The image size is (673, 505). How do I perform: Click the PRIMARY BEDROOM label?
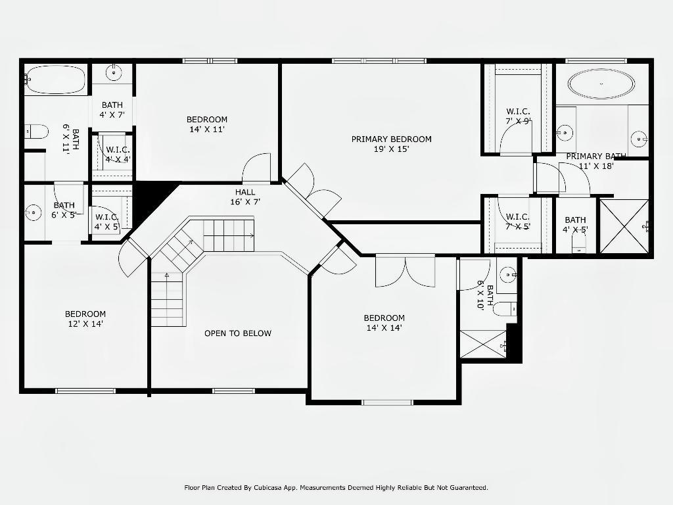point(392,139)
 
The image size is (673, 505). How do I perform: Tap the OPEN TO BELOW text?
point(238,333)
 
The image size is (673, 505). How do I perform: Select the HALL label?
point(245,192)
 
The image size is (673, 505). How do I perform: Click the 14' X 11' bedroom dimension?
point(207,130)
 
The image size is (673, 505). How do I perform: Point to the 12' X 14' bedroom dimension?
point(85,324)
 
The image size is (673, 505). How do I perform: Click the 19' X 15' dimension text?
point(392,149)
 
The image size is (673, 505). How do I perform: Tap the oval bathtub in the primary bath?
point(601,84)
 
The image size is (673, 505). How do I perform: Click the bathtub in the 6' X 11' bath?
point(55,80)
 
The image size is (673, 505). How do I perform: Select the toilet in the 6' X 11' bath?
point(36,132)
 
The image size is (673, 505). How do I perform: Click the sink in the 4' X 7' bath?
point(114,73)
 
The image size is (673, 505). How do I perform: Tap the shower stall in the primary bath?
point(624,226)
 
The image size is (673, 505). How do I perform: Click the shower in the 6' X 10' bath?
point(483,344)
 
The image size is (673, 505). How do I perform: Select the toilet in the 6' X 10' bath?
point(505,309)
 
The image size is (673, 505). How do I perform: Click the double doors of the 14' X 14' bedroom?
point(405,271)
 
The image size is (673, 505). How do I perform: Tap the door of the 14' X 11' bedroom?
point(257,168)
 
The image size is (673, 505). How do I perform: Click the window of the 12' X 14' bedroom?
point(85,391)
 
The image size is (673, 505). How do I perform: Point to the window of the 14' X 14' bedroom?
point(388,402)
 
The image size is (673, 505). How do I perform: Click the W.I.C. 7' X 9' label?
point(518,116)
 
